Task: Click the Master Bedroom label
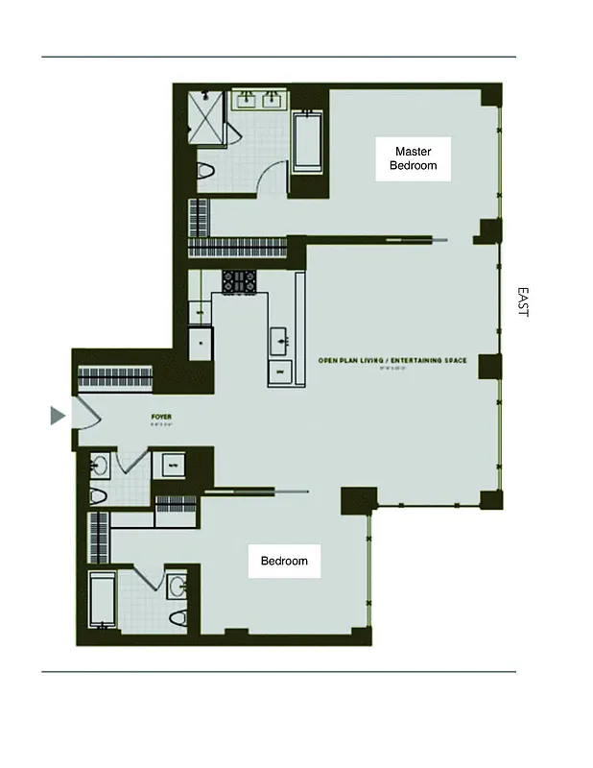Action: tap(413, 158)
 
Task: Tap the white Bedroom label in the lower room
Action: tap(284, 561)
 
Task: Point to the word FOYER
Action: tap(161, 417)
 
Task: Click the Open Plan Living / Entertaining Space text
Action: tap(392, 361)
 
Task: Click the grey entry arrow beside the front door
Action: tap(58, 415)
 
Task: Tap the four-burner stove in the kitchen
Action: tap(239, 281)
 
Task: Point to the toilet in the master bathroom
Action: tap(204, 173)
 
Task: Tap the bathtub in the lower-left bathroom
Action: tap(101, 602)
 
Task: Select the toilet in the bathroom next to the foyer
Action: tap(99, 497)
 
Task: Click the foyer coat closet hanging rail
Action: tap(115, 375)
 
